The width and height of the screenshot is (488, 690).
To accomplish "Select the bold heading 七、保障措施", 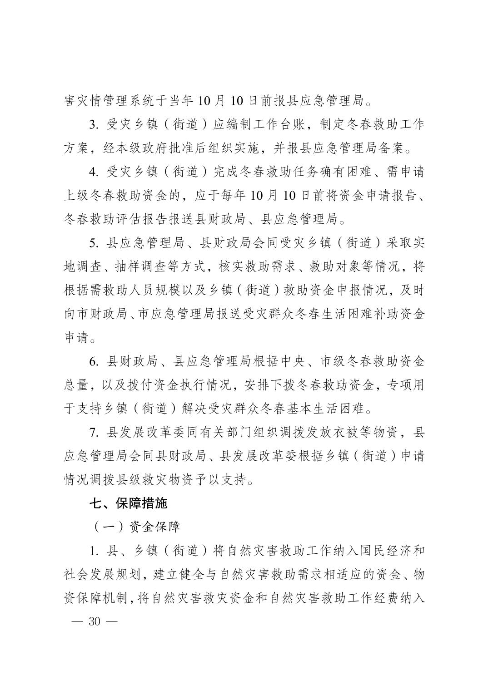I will click(129, 503).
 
